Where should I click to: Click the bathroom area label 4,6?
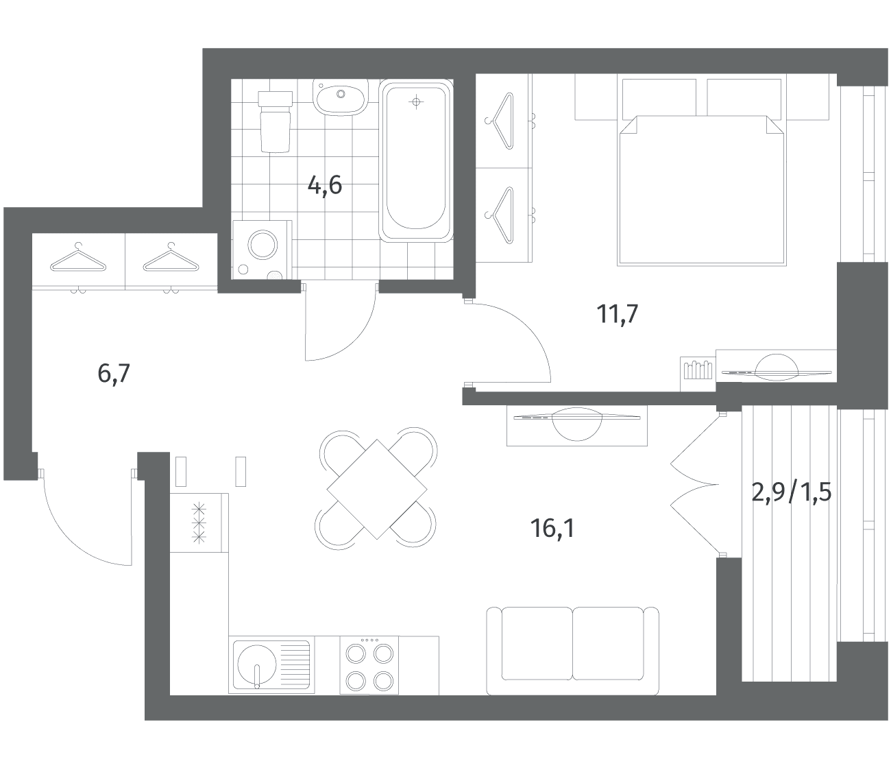[325, 187]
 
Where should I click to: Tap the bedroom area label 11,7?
[618, 313]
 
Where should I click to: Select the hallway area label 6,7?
[114, 374]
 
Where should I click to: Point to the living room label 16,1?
[552, 528]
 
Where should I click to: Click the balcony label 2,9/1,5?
[792, 492]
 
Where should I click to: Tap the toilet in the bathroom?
[275, 121]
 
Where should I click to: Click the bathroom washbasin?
[341, 97]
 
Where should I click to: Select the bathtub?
[415, 160]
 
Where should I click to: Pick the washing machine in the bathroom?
[262, 250]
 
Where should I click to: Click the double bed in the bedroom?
[701, 190]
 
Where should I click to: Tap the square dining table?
[377, 490]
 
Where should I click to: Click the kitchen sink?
[271, 664]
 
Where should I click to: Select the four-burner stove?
[369, 665]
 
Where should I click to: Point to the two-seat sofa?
[572, 651]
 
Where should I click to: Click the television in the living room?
[577, 424]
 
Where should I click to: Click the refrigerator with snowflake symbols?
[199, 523]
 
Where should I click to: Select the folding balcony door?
[694, 483]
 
